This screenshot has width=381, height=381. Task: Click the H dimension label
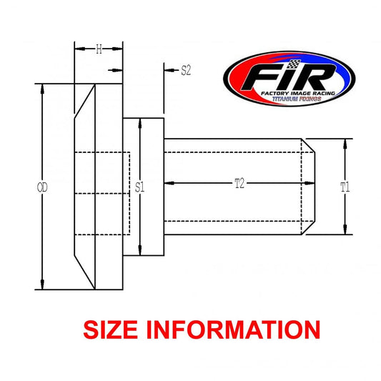[99, 49]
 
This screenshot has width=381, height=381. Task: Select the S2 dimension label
[185, 70]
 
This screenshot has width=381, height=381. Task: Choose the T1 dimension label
[345, 187]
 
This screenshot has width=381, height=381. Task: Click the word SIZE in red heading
[117, 330]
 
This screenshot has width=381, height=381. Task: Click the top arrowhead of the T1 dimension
[345, 142]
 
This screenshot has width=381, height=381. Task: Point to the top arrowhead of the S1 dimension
[141, 122]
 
